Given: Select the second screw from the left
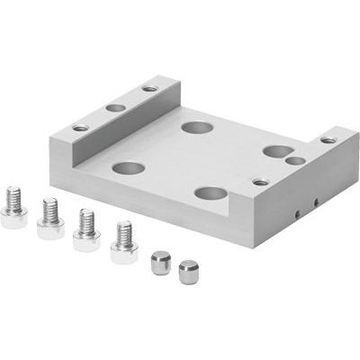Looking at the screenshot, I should (49, 220).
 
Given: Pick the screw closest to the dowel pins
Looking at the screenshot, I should (123, 244).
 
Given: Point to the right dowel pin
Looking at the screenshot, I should (188, 271).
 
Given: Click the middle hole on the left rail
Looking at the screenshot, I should (116, 107).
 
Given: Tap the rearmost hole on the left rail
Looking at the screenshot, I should (149, 88).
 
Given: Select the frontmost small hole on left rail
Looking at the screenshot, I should (81, 128).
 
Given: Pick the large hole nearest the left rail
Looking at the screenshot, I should (129, 168).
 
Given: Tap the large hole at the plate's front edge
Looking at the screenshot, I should (210, 193).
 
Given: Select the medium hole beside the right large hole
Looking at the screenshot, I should (295, 161).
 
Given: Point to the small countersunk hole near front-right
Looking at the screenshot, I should (260, 182).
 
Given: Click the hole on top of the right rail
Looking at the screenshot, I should (328, 139).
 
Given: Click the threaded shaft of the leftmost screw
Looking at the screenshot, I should (14, 195).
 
